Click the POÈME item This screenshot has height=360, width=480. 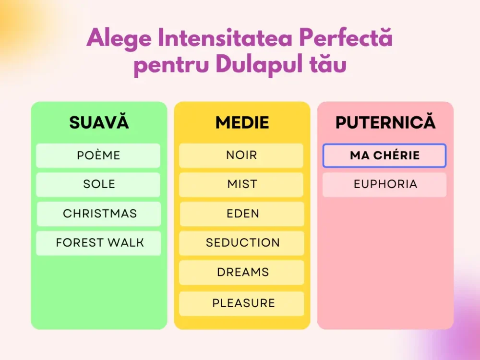pos(98,156)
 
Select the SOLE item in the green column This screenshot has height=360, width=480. pos(98,185)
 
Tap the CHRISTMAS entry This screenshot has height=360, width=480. pos(99,214)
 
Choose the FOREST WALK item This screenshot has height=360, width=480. pos(98,243)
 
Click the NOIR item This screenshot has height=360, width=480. pos(241,156)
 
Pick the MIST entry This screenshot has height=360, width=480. pos(241,185)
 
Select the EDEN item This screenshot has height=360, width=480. pos(242,214)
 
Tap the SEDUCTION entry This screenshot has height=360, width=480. pos(241,243)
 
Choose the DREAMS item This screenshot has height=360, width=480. pos(242,273)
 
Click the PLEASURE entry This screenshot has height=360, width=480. pos(242,304)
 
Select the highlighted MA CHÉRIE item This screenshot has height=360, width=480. pos(384,156)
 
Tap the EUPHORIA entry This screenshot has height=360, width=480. pos(384,185)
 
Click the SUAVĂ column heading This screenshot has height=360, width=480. pos(99,122)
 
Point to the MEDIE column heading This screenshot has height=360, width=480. pos(242,122)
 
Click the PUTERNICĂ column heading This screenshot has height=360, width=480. pos(385,122)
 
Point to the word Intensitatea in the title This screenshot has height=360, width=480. pos(225,38)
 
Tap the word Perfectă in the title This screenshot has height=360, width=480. pos(346,37)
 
